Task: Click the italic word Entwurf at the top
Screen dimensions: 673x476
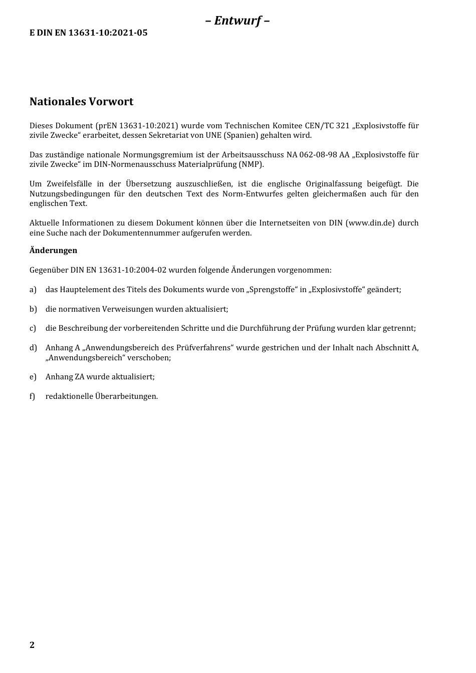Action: [x=237, y=21]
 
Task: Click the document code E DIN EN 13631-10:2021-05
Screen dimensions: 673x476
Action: [x=89, y=33]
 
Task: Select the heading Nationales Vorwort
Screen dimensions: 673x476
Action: [x=81, y=102]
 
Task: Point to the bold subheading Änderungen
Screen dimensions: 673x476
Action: [x=53, y=250]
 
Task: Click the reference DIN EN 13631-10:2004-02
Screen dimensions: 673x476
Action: [x=118, y=270]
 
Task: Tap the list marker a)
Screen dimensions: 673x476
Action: [x=33, y=290]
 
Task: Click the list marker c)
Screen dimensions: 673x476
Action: [x=33, y=328]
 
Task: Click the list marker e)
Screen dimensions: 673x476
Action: [x=33, y=377]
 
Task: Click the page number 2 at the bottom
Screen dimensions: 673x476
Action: [x=32, y=645]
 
